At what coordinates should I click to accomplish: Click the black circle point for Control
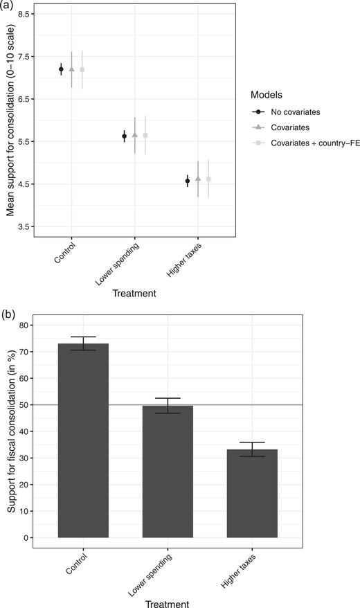(61, 69)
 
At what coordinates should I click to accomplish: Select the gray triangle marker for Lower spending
(134, 135)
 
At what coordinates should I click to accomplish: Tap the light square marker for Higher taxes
(208, 179)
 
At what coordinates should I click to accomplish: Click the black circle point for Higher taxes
(188, 181)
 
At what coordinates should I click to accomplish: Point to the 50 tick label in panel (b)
(25, 404)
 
